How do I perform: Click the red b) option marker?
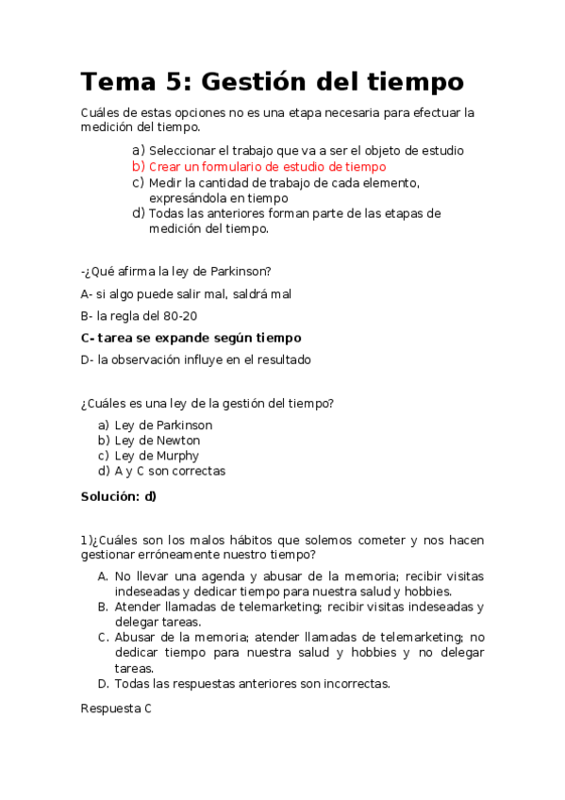(138, 166)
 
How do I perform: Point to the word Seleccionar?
(182, 150)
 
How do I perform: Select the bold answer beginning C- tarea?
(191, 338)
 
